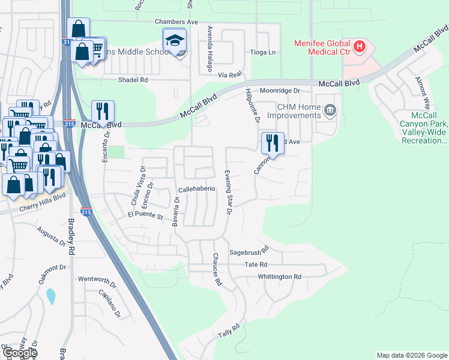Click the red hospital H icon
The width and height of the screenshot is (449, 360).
(x=359, y=45)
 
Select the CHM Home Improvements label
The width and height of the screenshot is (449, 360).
(x=291, y=111)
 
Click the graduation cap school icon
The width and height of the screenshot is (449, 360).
(x=175, y=40)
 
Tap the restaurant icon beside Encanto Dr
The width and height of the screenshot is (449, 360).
(x=103, y=112)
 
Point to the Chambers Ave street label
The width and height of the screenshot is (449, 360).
(x=159, y=22)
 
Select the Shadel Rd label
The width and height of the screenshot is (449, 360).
(x=133, y=80)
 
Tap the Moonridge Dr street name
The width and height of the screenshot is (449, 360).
(x=280, y=91)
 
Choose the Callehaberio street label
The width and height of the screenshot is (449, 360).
(x=196, y=188)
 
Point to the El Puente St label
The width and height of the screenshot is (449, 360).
(x=146, y=215)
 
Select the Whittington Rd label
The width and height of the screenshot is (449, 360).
(x=279, y=277)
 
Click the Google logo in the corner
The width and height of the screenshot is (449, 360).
(x=20, y=353)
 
